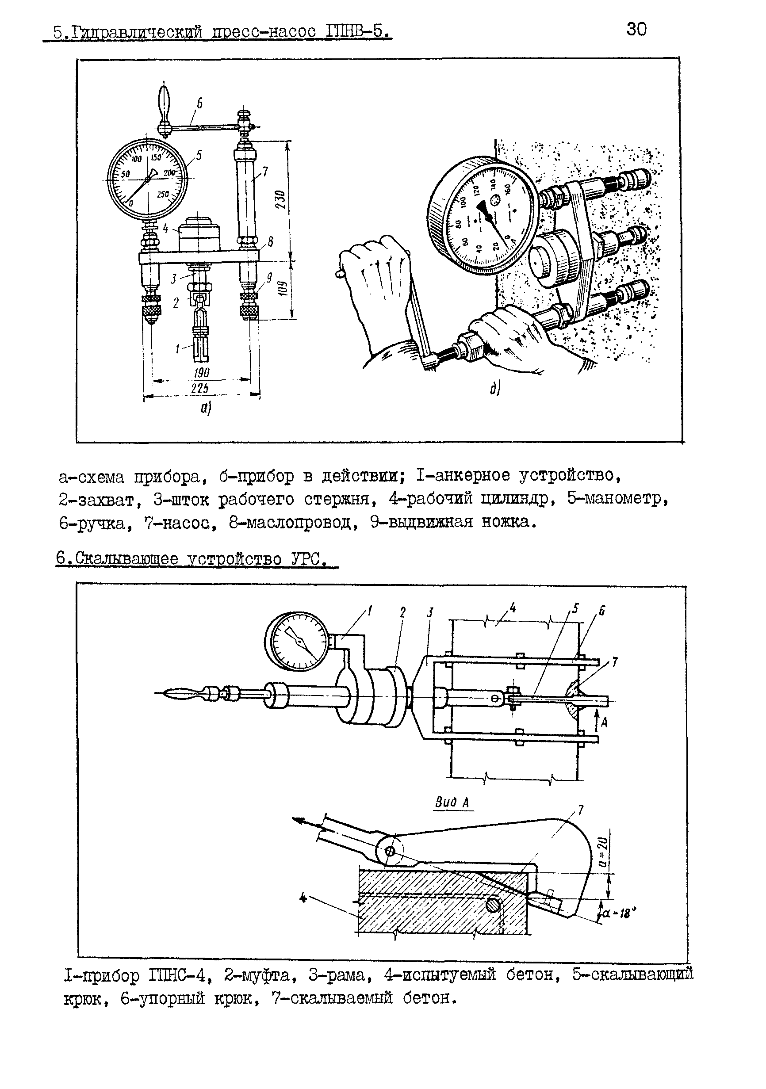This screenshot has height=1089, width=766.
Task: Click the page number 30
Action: [x=636, y=30]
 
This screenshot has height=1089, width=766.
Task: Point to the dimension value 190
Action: [x=201, y=373]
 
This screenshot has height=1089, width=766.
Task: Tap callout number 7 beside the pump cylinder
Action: [x=265, y=171]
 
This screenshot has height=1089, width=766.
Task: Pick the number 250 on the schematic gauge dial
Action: [x=163, y=194]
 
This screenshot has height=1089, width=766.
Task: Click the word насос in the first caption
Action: [x=181, y=523]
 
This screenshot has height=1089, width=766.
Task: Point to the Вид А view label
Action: [x=452, y=802]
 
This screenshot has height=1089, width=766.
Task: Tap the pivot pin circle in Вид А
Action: [x=390, y=852]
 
